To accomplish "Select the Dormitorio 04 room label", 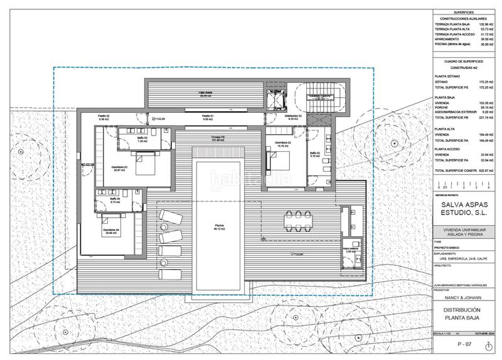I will click(x=111, y=231).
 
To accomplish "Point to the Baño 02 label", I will click(x=314, y=154).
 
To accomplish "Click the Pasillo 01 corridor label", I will click(x=208, y=117).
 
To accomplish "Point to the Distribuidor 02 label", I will click(x=294, y=117).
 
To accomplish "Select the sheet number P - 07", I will click(x=464, y=344).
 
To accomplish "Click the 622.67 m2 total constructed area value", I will click(x=482, y=171).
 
